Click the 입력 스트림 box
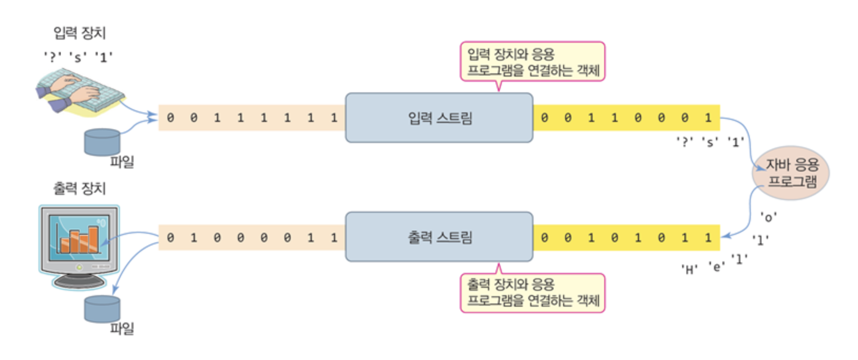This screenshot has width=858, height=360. (439, 118)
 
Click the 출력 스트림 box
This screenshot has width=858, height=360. (439, 237)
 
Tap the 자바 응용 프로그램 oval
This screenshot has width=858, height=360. (790, 173)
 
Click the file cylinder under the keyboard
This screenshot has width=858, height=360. (102, 142)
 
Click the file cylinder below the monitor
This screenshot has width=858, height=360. (102, 309)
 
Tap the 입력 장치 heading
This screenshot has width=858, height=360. (80, 33)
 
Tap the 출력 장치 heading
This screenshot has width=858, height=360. (80, 188)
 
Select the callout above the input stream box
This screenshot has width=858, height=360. (532, 62)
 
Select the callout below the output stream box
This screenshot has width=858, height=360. (532, 292)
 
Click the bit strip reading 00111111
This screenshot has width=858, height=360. (252, 118)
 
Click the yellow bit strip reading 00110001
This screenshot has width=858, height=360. (626, 118)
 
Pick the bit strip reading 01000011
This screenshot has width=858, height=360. (252, 238)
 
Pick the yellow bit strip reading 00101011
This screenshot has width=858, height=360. (626, 238)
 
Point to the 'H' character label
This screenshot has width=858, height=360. (689, 270)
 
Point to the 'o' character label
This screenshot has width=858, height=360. (768, 217)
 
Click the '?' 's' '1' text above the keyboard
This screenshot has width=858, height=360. (78, 57)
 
